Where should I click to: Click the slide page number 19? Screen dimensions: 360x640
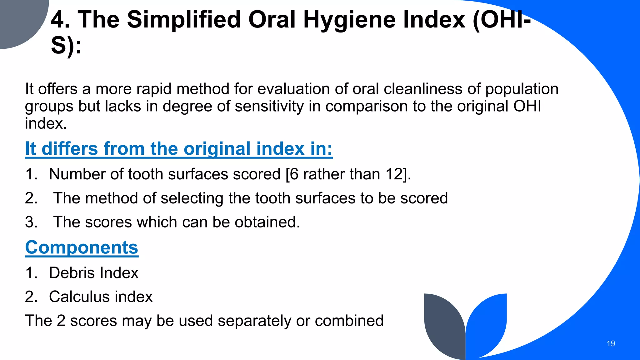pyautogui.click(x=611, y=344)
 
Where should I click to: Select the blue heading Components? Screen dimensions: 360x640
pyautogui.click(x=82, y=247)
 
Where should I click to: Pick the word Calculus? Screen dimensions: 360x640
pyautogui.click(x=79, y=297)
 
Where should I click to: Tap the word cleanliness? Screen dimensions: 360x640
pyautogui.click(x=423, y=89)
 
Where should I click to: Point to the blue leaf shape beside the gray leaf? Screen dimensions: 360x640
pyautogui.click(x=487, y=322)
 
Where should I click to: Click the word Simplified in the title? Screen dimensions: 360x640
pyautogui.click(x=184, y=20)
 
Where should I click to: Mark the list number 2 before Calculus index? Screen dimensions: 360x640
pyautogui.click(x=31, y=297)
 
